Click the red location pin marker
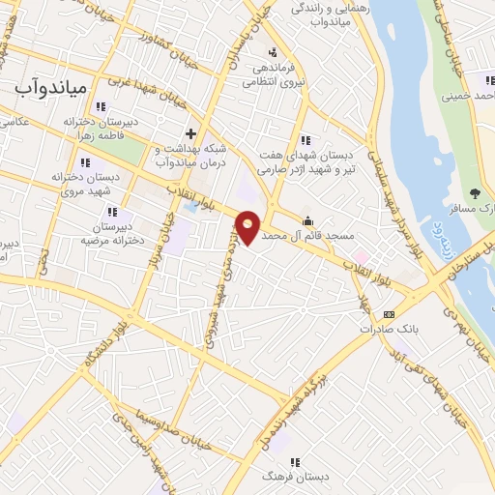click(247, 226)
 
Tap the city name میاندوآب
click(51, 88)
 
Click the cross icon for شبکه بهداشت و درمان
click(190, 133)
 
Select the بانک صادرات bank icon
click(390, 314)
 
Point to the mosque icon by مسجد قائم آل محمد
click(308, 220)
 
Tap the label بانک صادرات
click(394, 329)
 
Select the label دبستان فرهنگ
click(284, 478)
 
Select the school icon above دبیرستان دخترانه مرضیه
click(112, 211)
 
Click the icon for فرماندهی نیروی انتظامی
click(273, 52)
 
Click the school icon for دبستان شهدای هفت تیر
click(306, 139)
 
